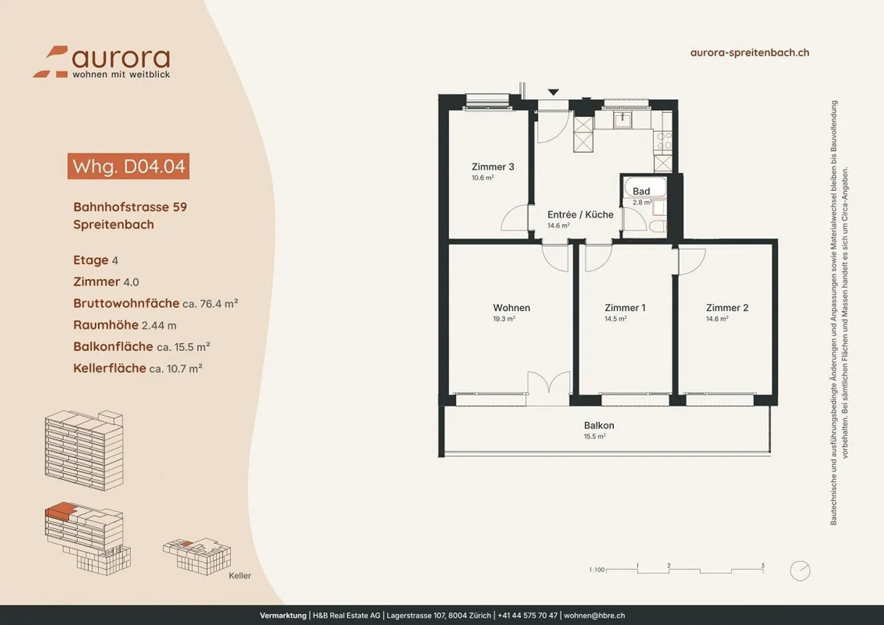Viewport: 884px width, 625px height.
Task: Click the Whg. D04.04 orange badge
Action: pyautogui.click(x=128, y=166)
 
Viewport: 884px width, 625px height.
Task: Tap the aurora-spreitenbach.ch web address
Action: pyautogui.click(x=750, y=53)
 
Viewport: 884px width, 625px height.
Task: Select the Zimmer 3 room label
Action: pyautogui.click(x=493, y=167)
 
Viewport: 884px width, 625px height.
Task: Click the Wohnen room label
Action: pyautogui.click(x=511, y=307)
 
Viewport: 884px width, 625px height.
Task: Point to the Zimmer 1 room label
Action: pyautogui.click(x=625, y=307)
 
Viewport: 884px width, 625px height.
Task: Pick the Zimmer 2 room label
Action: pyautogui.click(x=727, y=307)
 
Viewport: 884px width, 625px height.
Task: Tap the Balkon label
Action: pyautogui.click(x=599, y=426)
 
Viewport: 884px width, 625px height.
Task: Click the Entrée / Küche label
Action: pyautogui.click(x=581, y=215)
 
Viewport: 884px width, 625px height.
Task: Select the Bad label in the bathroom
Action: pyautogui.click(x=642, y=191)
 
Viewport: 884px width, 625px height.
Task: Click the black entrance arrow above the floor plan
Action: pyautogui.click(x=553, y=92)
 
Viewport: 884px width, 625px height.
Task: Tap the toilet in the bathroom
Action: pyautogui.click(x=658, y=226)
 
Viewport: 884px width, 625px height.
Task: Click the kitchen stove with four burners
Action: pyautogui.click(x=663, y=140)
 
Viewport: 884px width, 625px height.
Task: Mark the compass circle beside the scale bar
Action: pyautogui.click(x=801, y=570)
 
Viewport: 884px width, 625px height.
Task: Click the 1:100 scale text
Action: pyautogui.click(x=597, y=570)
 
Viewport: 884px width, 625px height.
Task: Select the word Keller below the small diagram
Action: pyautogui.click(x=239, y=576)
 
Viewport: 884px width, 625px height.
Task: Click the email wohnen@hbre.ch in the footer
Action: pyautogui.click(x=594, y=615)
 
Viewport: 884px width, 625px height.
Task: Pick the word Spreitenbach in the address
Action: pyautogui.click(x=114, y=224)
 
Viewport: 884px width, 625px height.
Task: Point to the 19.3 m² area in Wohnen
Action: pyautogui.click(x=504, y=318)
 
